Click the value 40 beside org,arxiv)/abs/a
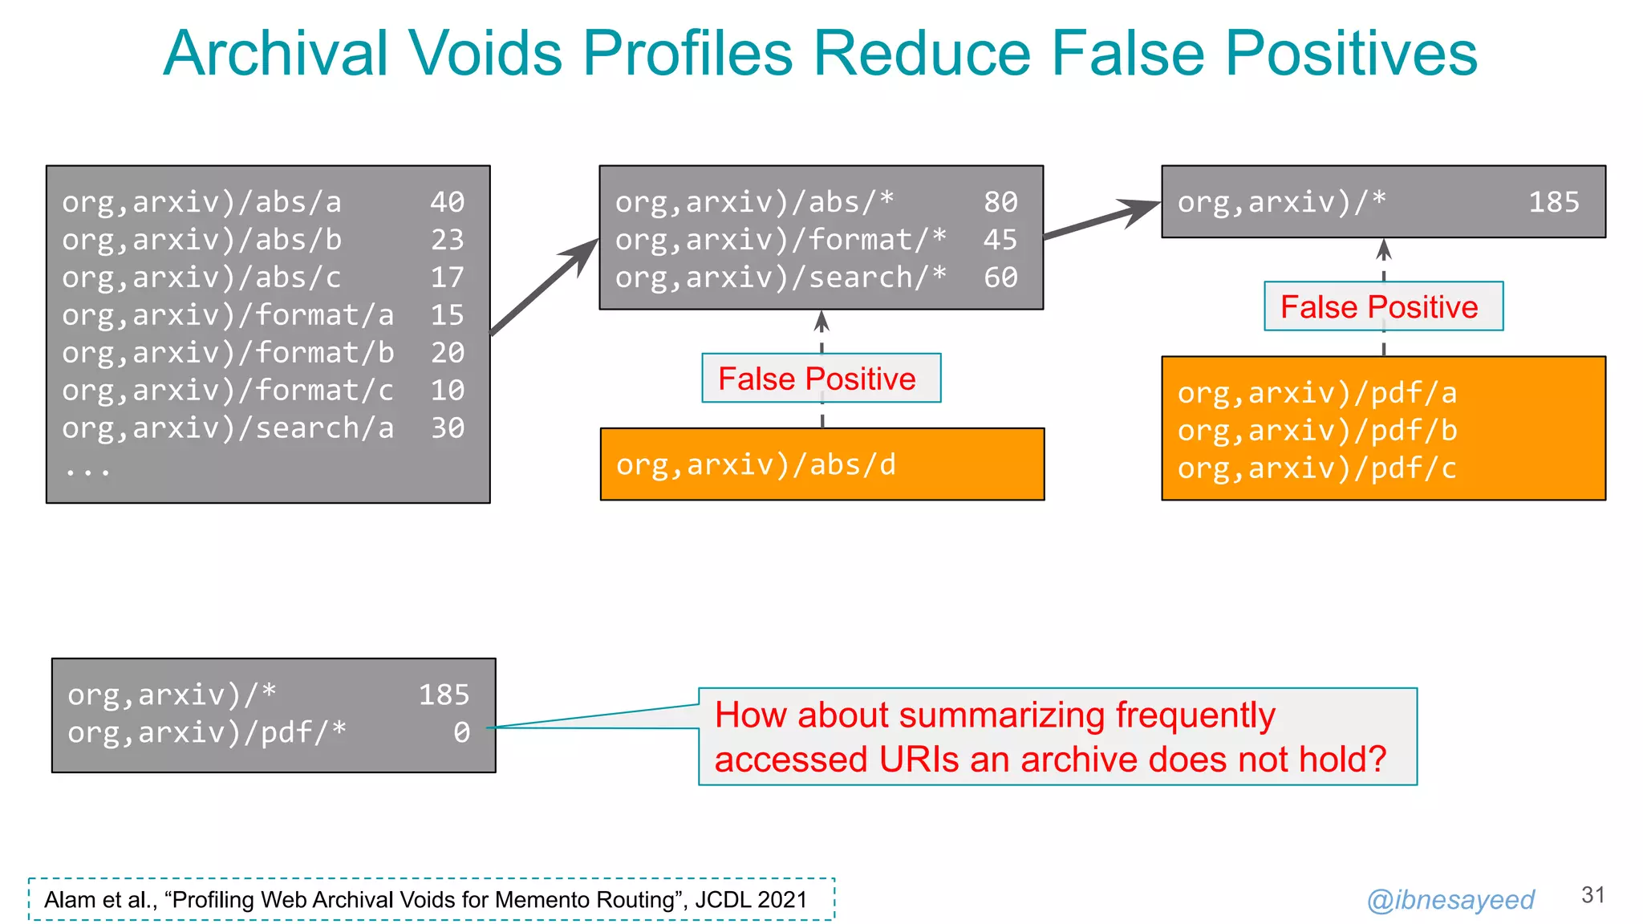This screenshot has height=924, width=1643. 447,202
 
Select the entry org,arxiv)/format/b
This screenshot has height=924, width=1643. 228,353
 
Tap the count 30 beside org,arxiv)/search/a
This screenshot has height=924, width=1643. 447,428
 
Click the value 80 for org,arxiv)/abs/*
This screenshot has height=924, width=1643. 1000,202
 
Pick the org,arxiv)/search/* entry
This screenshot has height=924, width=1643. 781,278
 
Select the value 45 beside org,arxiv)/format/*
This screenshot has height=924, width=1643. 1000,240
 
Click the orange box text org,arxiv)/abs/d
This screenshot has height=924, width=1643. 756,465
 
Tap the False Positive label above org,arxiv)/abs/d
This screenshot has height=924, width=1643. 817,379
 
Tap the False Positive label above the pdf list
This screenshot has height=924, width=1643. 1378,307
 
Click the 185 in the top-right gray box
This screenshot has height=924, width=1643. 1553,202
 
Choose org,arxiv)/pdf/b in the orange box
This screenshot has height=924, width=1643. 1316,432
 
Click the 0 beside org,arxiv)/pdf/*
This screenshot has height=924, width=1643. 461,732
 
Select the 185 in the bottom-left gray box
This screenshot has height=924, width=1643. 444,695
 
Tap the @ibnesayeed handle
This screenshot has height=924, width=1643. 1450,900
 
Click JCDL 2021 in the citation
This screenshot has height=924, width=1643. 751,900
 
